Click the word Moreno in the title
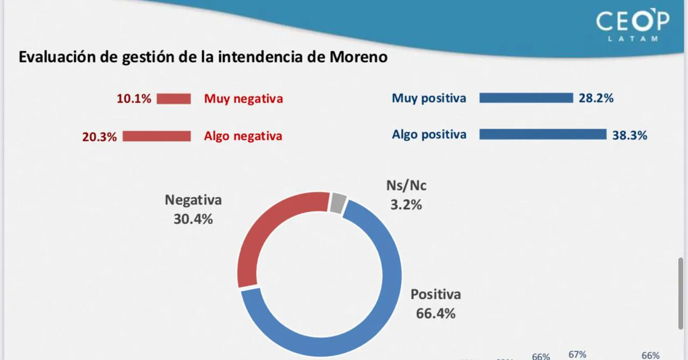pos(360,57)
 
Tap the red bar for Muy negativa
pos(174,99)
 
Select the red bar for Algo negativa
pos(156,136)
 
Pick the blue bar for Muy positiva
pos(526,98)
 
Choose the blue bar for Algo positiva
pos(542,134)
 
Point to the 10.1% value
pos(134,99)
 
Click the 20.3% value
pos(99,136)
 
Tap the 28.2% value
pos(596,98)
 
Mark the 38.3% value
pos(629,135)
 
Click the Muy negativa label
pos(243,99)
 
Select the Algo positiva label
pos(429,134)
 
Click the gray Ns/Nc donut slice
pos(338,203)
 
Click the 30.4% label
pos(193,219)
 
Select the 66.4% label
pos(435,313)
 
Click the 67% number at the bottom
pos(577,355)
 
